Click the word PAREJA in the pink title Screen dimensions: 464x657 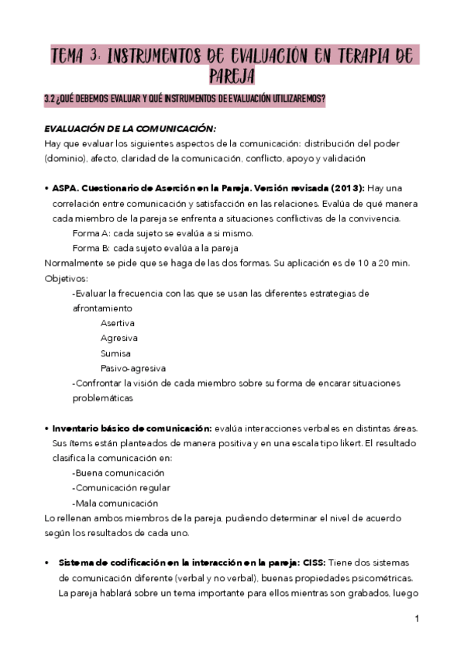pos(232,76)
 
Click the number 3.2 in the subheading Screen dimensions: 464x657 pos(51,98)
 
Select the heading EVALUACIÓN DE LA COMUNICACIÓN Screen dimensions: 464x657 pos(130,128)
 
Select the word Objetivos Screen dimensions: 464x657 pos(66,278)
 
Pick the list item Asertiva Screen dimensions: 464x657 pos(117,323)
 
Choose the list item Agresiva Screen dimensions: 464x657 pos(119,338)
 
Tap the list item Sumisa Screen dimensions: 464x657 pos(115,353)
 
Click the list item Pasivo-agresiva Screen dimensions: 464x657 pos(132,368)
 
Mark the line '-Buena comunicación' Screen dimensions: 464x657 pos(118,473)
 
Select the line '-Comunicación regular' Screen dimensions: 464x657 pos(121,487)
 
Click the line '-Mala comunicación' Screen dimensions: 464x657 pos(115,503)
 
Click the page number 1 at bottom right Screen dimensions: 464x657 pos(417,619)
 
